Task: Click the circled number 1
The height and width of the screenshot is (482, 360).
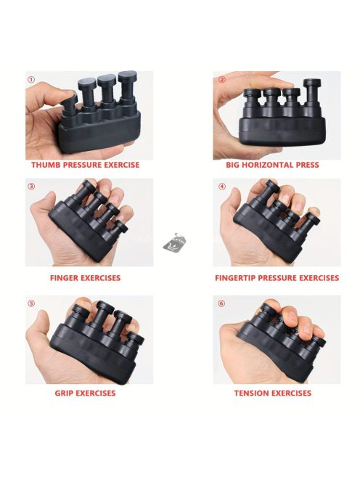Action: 31,80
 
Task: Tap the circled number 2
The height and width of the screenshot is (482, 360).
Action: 222,80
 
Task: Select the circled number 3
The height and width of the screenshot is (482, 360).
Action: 31,187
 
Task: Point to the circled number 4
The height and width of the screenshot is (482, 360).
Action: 222,187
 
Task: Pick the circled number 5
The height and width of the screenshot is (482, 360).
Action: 31,303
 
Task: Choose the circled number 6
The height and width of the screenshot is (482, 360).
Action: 221,303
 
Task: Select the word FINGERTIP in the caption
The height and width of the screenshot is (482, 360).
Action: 235,278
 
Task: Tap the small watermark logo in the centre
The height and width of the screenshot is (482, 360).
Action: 175,244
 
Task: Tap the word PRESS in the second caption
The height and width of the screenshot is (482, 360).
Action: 308,165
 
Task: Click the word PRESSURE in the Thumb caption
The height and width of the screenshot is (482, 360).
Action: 78,165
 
